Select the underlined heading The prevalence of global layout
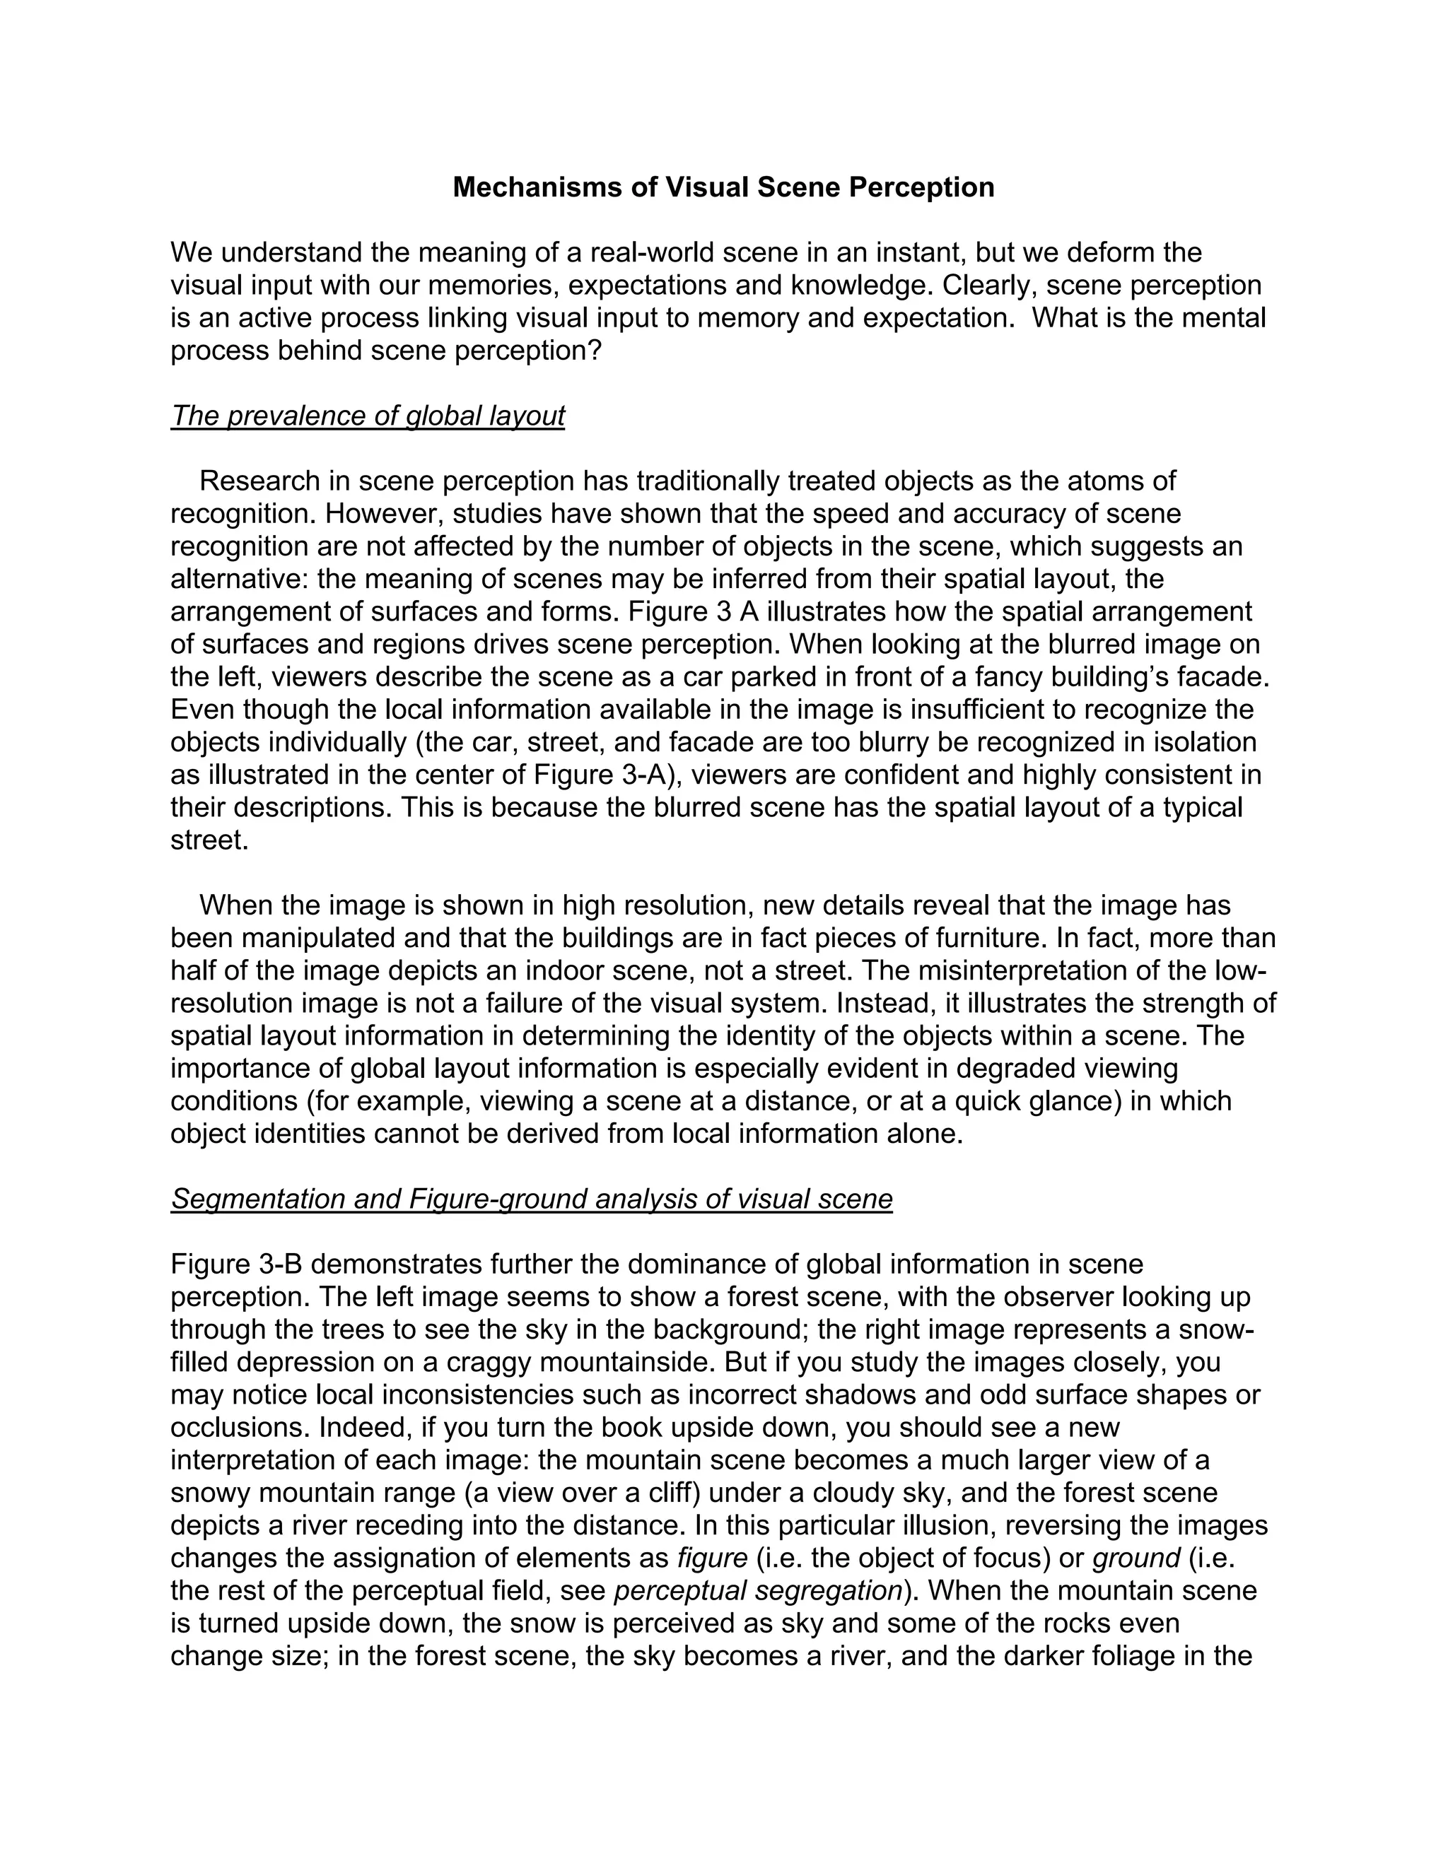[x=367, y=416]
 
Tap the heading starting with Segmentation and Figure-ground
[x=531, y=1199]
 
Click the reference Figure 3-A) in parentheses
[x=607, y=775]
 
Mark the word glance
[x=1069, y=1101]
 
